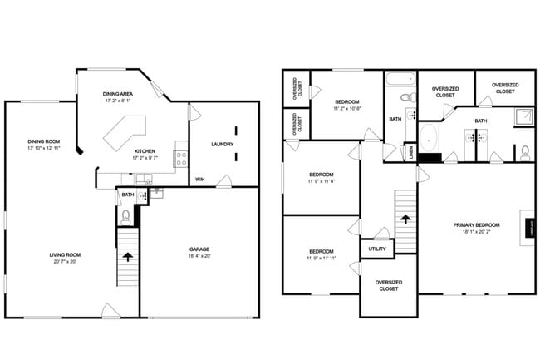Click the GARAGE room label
click(x=199, y=249)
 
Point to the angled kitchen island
click(x=123, y=131)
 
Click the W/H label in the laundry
click(x=200, y=179)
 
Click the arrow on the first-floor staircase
click(x=127, y=257)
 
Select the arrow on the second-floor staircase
click(x=405, y=219)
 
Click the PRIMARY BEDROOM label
click(x=476, y=225)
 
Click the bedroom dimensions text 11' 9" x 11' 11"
click(x=322, y=258)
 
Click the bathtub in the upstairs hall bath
click(x=399, y=81)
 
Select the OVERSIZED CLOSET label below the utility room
click(x=388, y=286)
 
